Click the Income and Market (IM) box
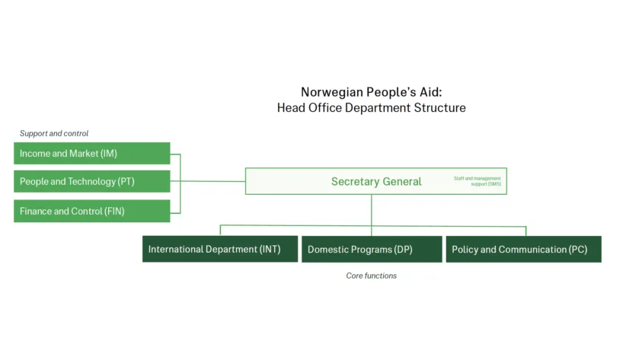(91, 153)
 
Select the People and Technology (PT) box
(91, 181)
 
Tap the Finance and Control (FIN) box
(91, 211)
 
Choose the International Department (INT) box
(219, 249)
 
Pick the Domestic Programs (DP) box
(372, 249)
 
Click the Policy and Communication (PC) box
(523, 249)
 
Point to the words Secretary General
(376, 181)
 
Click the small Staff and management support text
(477, 181)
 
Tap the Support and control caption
(54, 133)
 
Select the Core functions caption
(371, 276)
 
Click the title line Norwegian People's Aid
(371, 91)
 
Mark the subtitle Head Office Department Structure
(371, 108)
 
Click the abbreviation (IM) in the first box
(109, 153)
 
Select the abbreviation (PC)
(578, 249)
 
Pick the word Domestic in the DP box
(327, 249)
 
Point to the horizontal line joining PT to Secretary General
(213, 181)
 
